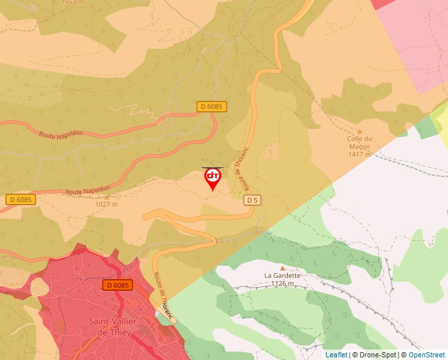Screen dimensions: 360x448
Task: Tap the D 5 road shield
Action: pos(252,199)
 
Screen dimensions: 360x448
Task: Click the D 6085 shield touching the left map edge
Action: pos(20,199)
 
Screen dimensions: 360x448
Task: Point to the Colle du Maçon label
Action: pos(360,142)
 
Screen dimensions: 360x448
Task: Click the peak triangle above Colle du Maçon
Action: pos(360,131)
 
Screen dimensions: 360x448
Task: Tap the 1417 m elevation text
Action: pos(360,154)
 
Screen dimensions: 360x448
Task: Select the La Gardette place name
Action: pos(282,275)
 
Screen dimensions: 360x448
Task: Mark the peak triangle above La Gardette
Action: pos(283,268)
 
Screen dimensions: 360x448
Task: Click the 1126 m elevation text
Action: pos(282,284)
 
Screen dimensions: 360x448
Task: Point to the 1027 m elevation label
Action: pos(106,204)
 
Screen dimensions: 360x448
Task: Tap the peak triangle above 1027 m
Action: pos(107,196)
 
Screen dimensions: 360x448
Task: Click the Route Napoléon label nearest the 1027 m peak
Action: pos(88,190)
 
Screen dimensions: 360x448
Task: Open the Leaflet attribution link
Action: pos(336,355)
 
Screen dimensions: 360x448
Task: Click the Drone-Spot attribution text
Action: pos(376,355)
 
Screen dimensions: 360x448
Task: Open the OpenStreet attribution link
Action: pos(428,355)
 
